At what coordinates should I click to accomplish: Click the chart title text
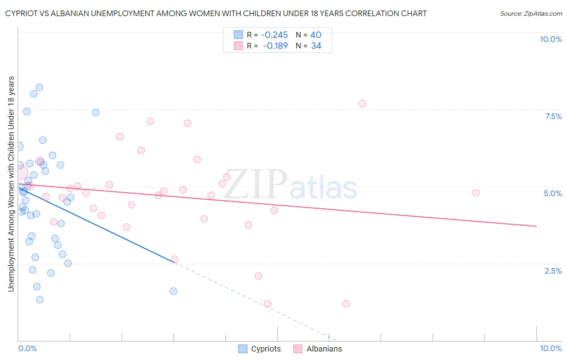point(216,13)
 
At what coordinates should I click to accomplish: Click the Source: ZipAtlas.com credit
point(531,13)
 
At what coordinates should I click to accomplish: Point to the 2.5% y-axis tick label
point(553,271)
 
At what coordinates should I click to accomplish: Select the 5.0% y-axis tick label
point(552,193)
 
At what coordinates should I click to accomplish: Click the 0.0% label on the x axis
point(27,348)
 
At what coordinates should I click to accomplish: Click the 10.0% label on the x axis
point(550,348)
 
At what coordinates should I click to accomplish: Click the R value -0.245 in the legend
point(274,35)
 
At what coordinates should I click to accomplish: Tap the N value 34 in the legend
point(316,46)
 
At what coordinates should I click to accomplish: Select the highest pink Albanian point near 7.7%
point(362,103)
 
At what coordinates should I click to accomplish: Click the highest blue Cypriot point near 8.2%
point(39,87)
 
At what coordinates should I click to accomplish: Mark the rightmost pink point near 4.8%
point(476,193)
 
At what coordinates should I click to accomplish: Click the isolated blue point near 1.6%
point(173,291)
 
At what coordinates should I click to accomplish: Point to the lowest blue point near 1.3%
point(40,299)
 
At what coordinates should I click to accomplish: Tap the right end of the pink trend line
point(536,226)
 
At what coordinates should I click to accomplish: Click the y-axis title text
point(11,184)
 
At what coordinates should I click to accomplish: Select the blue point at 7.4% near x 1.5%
point(96,112)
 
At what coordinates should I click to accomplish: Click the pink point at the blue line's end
point(174,259)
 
